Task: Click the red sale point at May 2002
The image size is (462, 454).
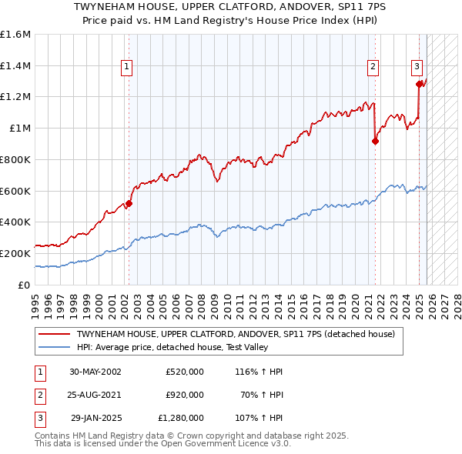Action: [129, 203]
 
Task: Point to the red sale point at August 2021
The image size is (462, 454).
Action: [376, 141]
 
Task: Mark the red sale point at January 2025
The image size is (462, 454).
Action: [420, 85]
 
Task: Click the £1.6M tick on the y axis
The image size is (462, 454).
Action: [15, 35]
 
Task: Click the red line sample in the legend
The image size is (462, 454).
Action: [54, 334]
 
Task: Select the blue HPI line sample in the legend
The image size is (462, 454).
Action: [54, 347]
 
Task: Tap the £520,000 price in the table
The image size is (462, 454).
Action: [185, 372]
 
